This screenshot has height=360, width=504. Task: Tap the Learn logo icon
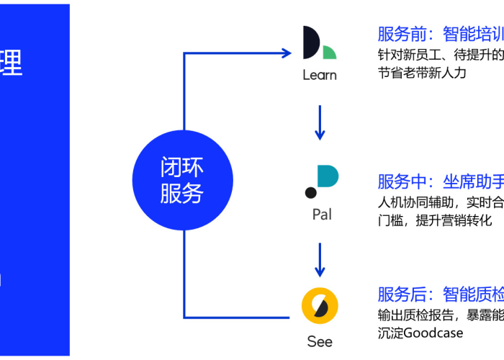320,44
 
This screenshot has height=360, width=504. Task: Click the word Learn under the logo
320,75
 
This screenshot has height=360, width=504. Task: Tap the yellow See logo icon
320,305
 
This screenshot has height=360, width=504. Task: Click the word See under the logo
320,341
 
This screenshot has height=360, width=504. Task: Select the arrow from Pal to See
320,258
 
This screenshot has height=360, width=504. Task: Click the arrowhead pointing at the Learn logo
284,53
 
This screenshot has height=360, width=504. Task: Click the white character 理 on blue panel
11,63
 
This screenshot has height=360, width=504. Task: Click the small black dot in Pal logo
310,192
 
